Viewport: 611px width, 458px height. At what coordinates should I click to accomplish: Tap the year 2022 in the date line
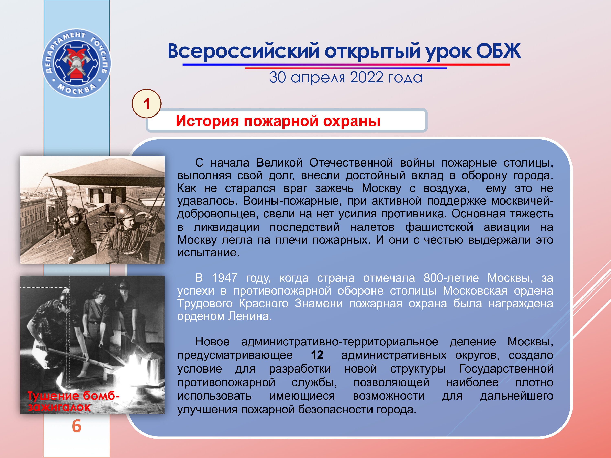click(367, 77)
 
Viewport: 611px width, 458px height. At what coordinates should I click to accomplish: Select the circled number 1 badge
click(147, 104)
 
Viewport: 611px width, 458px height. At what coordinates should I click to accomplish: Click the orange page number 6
click(77, 426)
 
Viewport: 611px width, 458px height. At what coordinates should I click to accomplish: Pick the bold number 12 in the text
click(317, 355)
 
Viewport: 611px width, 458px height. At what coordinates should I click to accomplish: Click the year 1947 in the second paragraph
click(225, 278)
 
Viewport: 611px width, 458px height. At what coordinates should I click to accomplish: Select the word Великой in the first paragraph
click(279, 163)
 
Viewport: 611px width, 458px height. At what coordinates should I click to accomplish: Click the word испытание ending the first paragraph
click(208, 253)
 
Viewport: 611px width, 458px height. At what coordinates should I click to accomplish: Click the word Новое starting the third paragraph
click(212, 342)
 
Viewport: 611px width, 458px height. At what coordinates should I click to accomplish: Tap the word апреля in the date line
click(318, 78)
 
